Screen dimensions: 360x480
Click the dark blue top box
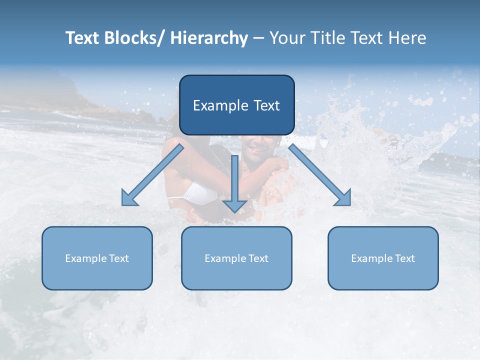tap(236, 105)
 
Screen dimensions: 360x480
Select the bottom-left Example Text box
tap(97, 258)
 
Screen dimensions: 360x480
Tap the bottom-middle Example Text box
tap(236, 258)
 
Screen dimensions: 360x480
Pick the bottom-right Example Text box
tap(383, 258)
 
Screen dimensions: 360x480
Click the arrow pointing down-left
tap(152, 175)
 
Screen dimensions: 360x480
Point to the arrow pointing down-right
tap(320, 175)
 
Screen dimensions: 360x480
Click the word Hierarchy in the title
tap(208, 38)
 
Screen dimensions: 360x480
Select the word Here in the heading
tap(407, 38)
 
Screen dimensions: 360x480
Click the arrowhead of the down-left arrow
tap(129, 198)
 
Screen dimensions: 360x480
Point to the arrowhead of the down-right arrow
tap(343, 198)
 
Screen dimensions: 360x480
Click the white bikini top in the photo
tap(200, 192)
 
